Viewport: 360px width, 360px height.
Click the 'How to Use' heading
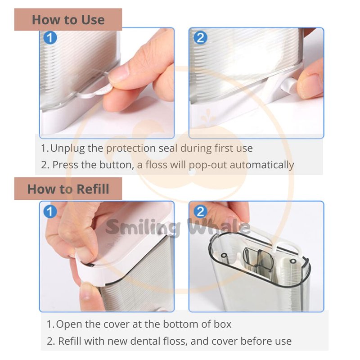pyautogui.click(x=68, y=20)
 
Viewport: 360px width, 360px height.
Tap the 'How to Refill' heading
pyautogui.click(x=68, y=189)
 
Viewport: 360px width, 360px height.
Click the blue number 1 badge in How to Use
pyautogui.click(x=50, y=37)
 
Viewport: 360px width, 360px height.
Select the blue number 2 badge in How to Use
pyautogui.click(x=200, y=37)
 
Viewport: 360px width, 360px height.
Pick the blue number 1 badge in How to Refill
pyautogui.click(x=50, y=211)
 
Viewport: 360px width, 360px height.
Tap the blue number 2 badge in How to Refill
pyautogui.click(x=200, y=211)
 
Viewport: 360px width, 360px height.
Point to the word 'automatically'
pyautogui.click(x=262, y=165)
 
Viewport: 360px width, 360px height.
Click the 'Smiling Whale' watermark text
pyautogui.click(x=178, y=227)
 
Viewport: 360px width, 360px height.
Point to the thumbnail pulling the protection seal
pyautogui.click(x=119, y=73)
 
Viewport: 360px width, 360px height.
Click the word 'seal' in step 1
pyautogui.click(x=168, y=148)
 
